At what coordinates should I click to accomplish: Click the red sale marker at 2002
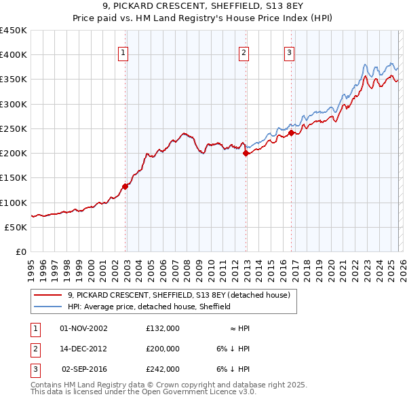click(125, 186)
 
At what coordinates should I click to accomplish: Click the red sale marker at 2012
click(246, 154)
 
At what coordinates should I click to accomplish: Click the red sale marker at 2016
click(291, 133)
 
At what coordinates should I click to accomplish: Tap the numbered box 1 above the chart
click(123, 54)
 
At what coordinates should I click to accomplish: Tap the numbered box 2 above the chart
click(244, 54)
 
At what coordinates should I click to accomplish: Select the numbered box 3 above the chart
click(289, 54)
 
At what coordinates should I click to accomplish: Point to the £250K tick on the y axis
click(14, 128)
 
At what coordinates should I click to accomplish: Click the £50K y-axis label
click(16, 227)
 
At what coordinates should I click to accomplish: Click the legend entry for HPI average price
click(149, 307)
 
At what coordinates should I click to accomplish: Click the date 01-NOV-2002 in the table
click(83, 328)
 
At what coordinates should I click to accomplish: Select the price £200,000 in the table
click(163, 349)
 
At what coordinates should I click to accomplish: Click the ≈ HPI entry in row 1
click(239, 328)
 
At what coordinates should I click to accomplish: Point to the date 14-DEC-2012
click(83, 349)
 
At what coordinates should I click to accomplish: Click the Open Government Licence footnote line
click(144, 392)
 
